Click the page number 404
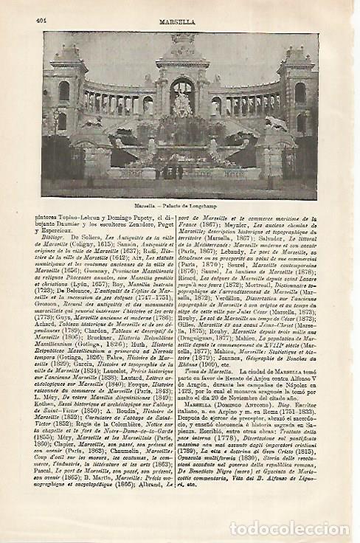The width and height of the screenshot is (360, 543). pyautogui.click(x=41, y=21)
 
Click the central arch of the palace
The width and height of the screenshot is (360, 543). pyautogui.click(x=181, y=96)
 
